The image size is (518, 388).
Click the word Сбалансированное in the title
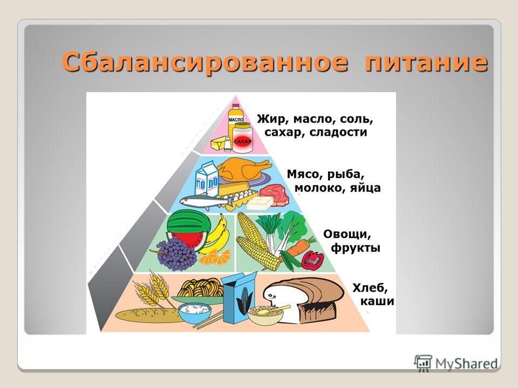[205, 62]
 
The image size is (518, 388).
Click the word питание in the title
[426, 62]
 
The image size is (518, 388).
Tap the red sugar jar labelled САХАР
[243, 138]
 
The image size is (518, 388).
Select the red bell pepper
[312, 260]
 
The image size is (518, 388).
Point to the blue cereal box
[238, 299]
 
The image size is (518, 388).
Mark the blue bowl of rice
[195, 313]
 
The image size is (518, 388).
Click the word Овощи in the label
[347, 234]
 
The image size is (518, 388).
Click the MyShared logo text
[466, 364]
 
